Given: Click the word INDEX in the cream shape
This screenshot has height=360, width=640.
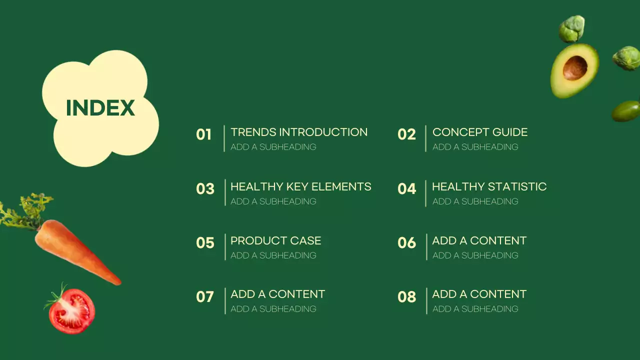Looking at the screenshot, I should (100, 108).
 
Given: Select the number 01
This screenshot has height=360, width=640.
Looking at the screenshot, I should (204, 134).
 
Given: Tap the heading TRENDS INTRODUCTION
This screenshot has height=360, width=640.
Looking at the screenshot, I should (298, 132).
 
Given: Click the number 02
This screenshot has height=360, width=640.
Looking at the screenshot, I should (406, 134).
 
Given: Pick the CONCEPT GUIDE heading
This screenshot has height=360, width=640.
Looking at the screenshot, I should (479, 132).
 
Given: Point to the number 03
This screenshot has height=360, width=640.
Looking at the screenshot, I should (205, 188).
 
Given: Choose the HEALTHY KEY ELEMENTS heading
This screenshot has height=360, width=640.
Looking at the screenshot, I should (300, 186).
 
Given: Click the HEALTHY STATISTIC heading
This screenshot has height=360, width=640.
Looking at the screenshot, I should (489, 186).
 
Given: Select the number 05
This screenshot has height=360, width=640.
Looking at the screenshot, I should (205, 243).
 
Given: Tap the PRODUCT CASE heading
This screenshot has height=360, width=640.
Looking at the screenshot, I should (275, 240).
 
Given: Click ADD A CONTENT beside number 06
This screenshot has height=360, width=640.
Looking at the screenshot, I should (479, 240).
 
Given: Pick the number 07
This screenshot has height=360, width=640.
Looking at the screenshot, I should (205, 297).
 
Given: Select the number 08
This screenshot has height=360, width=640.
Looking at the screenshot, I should (406, 297).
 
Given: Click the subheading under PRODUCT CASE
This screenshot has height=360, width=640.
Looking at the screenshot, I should (273, 255).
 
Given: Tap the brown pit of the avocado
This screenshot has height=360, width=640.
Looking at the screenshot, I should (575, 67).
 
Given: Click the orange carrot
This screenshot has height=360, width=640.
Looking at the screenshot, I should (75, 250).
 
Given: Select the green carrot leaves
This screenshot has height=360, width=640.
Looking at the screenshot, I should (25, 210).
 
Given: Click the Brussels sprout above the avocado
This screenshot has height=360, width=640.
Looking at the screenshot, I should (571, 28).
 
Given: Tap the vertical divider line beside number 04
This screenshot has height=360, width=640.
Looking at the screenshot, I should (426, 193).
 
